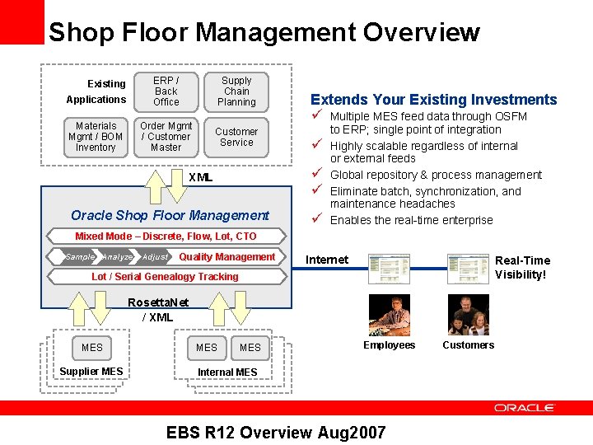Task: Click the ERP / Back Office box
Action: click(166, 91)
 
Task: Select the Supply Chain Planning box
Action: click(236, 91)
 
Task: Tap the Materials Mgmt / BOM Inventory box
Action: click(96, 137)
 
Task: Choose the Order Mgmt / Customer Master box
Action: click(166, 137)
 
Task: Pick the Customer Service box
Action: click(236, 137)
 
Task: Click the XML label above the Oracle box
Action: click(200, 177)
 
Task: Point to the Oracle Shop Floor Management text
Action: click(170, 215)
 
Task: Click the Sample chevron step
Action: click(80, 257)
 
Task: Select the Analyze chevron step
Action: click(117, 257)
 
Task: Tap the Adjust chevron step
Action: click(155, 257)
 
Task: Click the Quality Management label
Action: click(226, 257)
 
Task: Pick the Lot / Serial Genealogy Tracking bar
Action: click(165, 277)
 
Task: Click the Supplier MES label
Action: click(91, 372)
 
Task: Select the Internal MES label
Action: click(227, 372)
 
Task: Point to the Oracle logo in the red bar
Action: click(525, 408)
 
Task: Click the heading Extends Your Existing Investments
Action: click(433, 100)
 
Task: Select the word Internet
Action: click(327, 260)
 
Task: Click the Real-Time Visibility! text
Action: click(521, 267)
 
